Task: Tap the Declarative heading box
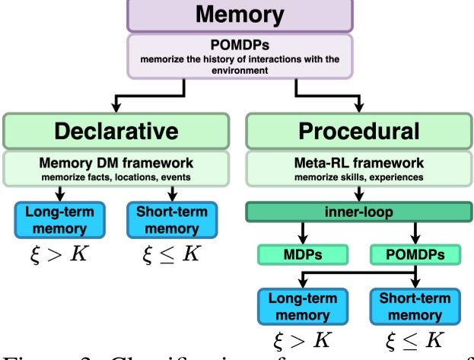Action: click(x=116, y=131)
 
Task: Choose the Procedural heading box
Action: click(x=358, y=131)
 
